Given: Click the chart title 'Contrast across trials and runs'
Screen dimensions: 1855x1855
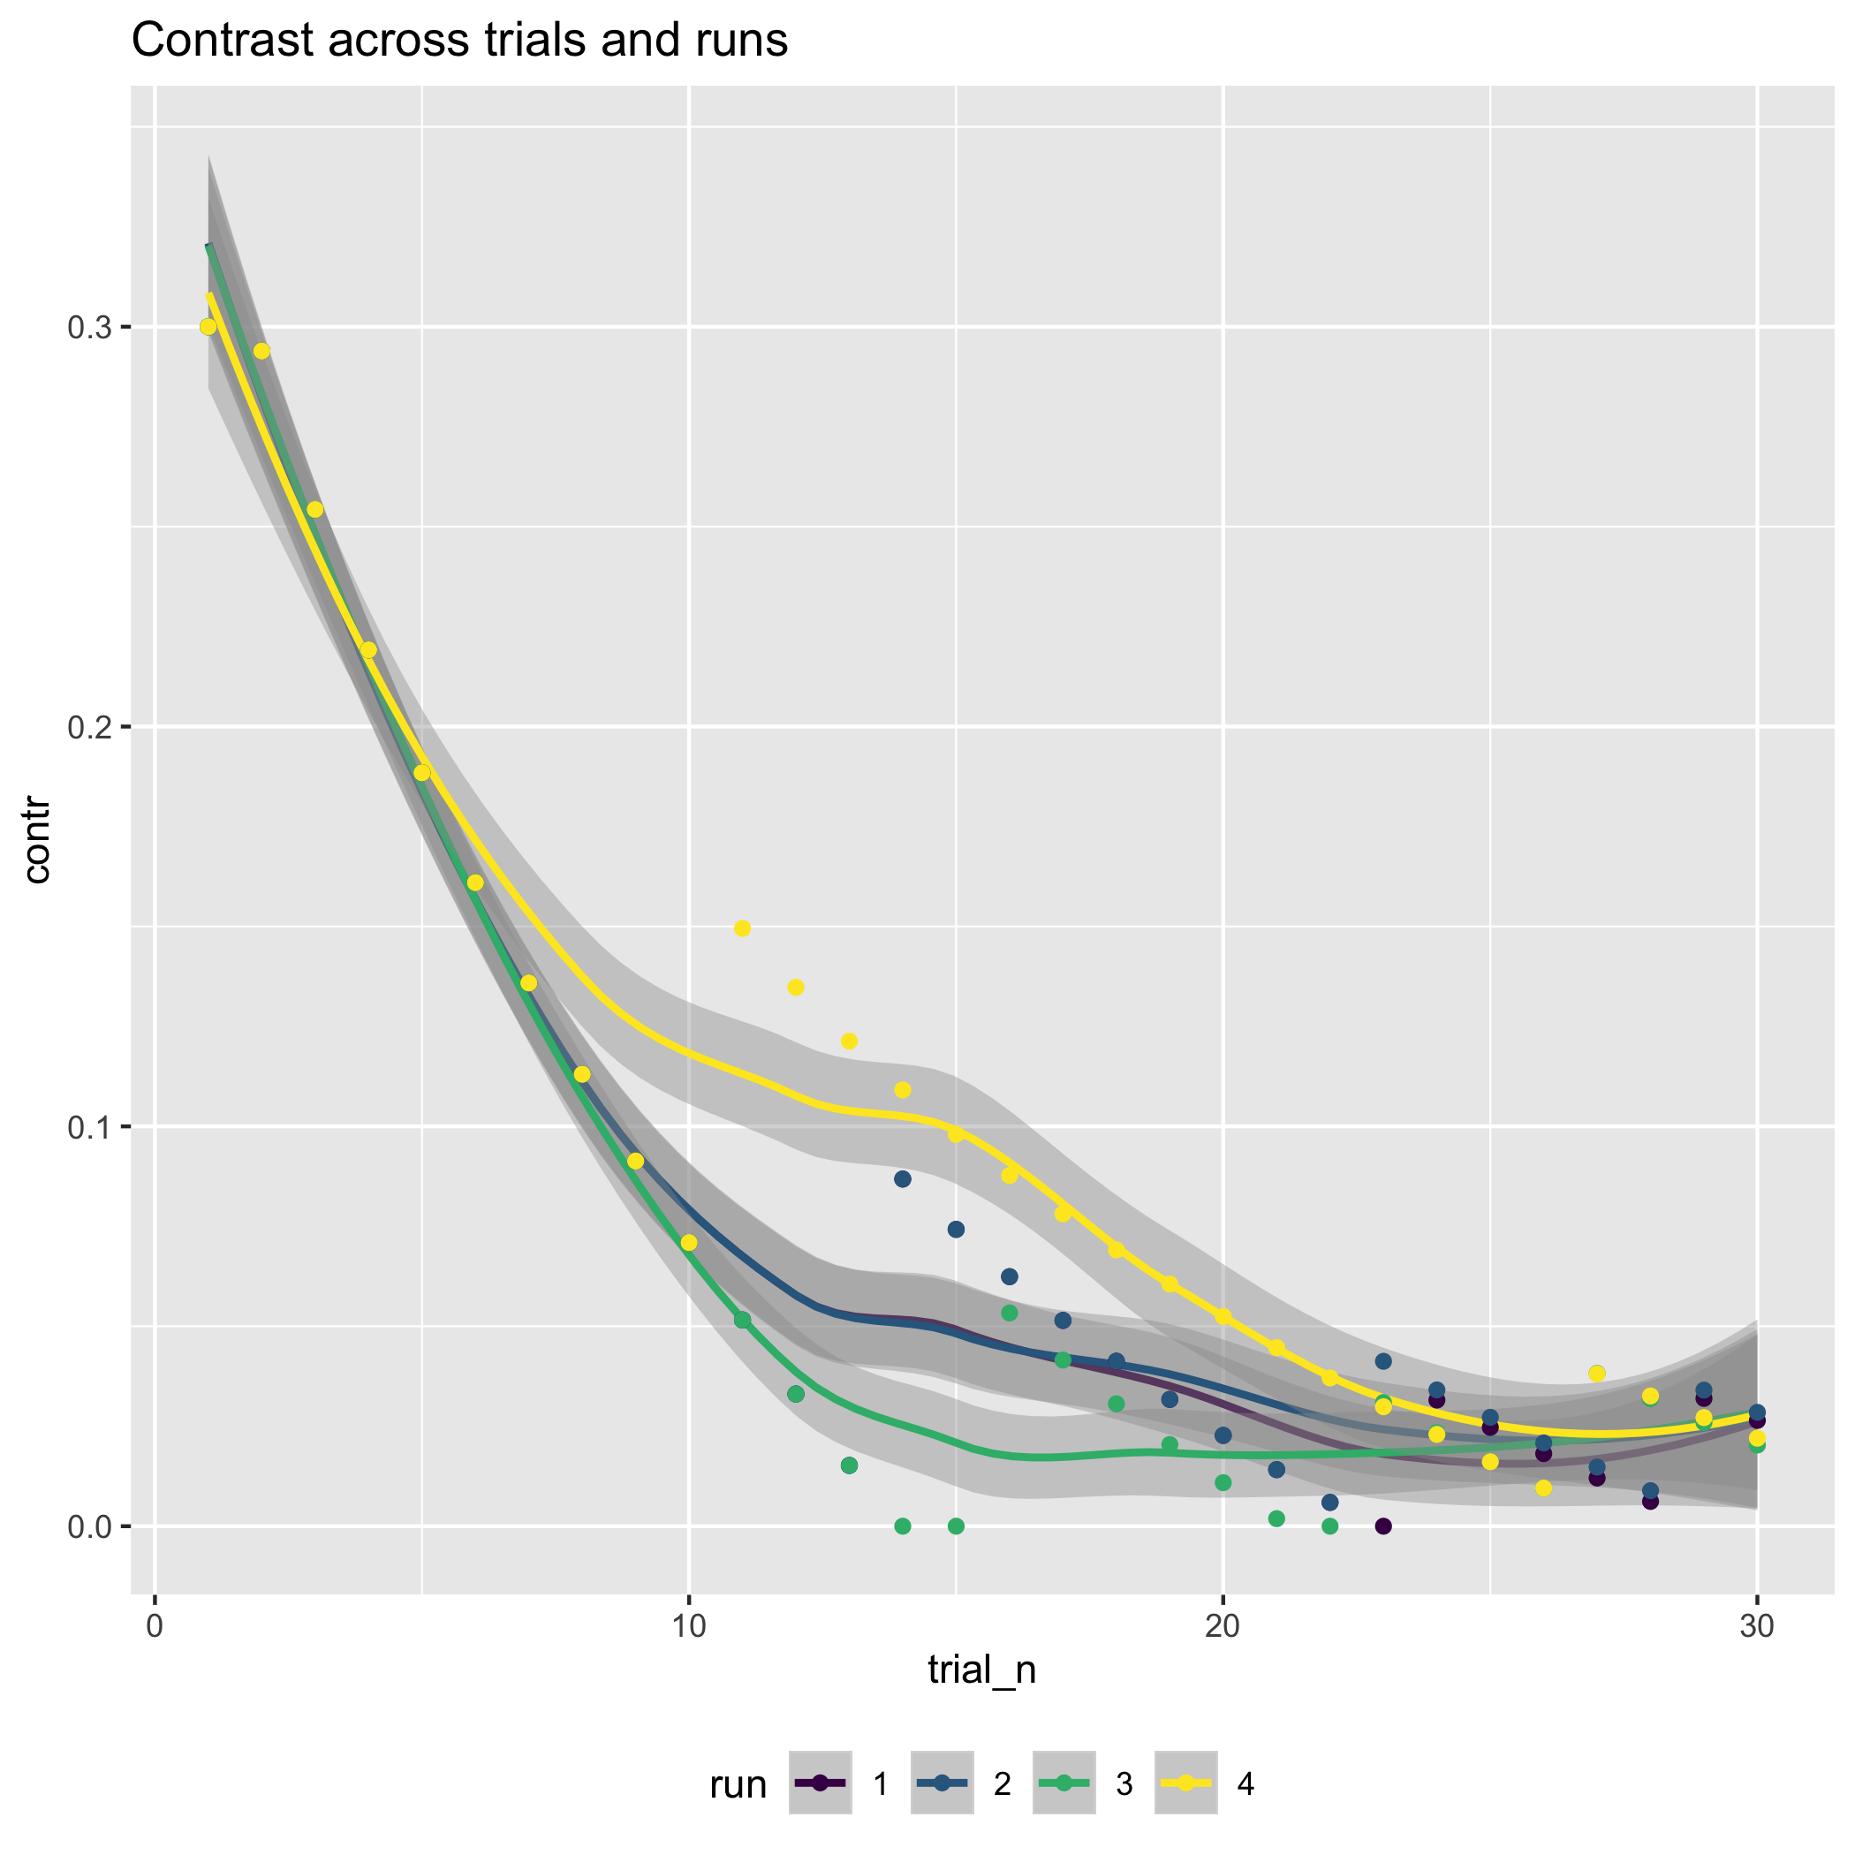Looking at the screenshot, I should (x=459, y=42).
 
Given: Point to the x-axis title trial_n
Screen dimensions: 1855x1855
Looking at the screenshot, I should (x=981, y=1669).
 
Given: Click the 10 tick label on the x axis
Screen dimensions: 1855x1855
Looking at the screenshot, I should (x=688, y=1628).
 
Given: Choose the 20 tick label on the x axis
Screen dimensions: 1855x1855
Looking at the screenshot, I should (x=1223, y=1628).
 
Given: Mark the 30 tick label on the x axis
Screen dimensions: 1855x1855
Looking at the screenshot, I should (x=1756, y=1628).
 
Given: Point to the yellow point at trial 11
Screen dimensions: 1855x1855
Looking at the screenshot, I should (x=742, y=928).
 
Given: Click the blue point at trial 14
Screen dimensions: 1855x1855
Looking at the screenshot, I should (x=903, y=1179).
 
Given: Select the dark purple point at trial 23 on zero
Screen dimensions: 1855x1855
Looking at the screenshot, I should (x=1382, y=1526).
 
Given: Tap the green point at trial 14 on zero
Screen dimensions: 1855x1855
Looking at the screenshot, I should (x=903, y=1526).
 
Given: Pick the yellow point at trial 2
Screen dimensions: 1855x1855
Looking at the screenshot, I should (x=261, y=352).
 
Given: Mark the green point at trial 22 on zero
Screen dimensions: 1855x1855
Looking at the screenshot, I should (x=1329, y=1526).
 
